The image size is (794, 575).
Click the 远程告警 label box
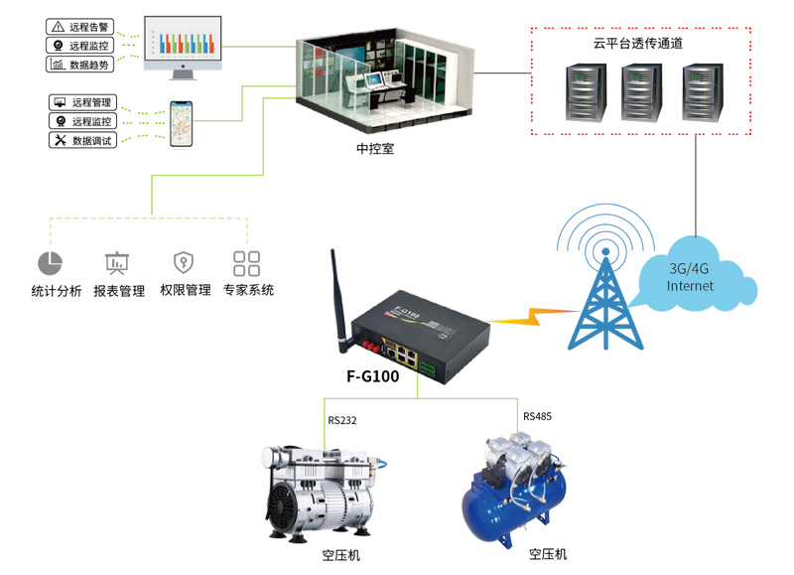pos(82,26)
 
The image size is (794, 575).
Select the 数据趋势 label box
pos(82,65)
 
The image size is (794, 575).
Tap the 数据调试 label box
pos(82,140)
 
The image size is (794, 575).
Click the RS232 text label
pos(342,420)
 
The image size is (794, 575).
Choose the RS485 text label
pos(537,416)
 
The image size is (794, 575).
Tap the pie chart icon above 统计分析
pos(50,263)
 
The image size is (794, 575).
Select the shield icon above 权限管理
pos(183,262)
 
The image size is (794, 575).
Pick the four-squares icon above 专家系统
pos(246,263)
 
